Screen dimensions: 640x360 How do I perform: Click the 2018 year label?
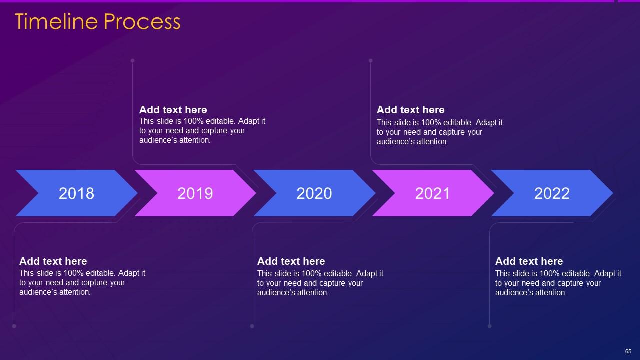click(76, 193)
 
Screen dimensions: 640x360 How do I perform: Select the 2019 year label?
click(195, 193)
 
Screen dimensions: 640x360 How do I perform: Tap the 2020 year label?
click(314, 193)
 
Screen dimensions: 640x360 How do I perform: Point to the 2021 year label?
click(432, 193)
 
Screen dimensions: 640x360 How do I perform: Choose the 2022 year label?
click(552, 193)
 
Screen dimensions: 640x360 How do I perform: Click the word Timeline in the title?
click(56, 21)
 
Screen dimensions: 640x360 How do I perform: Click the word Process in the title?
click(142, 21)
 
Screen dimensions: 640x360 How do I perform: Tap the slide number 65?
click(628, 351)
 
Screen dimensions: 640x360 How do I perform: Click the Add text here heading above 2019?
click(173, 110)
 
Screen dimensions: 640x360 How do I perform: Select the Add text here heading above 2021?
click(410, 110)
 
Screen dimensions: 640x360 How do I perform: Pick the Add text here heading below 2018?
click(53, 261)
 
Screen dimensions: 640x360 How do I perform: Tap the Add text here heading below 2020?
click(291, 261)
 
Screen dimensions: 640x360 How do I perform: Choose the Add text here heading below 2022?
click(529, 261)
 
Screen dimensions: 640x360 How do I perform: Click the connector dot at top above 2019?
click(132, 61)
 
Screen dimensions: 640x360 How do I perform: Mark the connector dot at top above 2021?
click(370, 61)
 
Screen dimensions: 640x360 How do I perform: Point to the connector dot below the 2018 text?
click(14, 326)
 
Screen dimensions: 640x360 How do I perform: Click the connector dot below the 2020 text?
click(252, 326)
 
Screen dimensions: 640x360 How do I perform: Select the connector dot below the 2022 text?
click(489, 326)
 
